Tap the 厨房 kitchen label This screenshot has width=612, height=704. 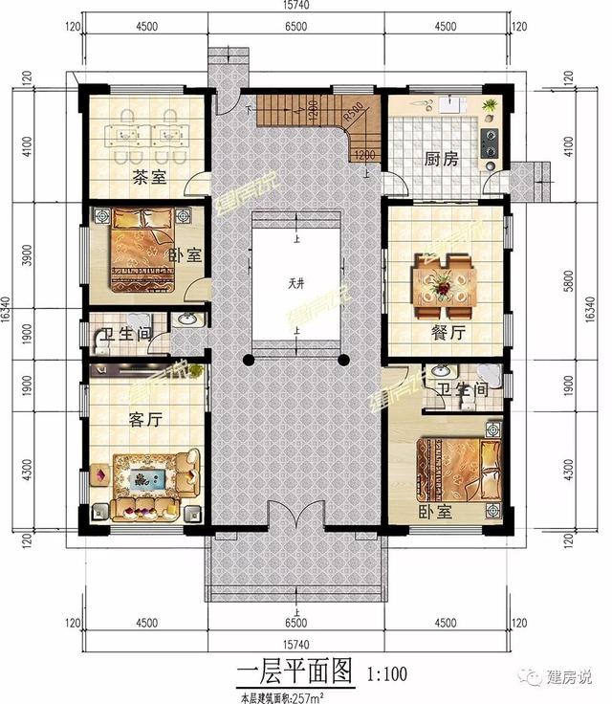coord(441,160)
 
